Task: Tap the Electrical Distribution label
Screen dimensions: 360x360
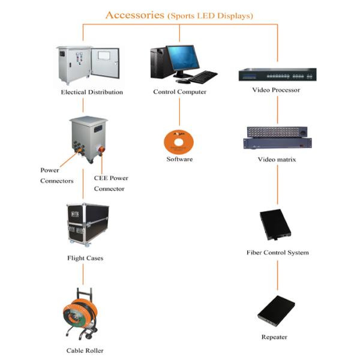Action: click(x=92, y=92)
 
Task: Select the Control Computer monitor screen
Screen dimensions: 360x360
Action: click(x=183, y=57)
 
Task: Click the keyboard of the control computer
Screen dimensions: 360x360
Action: click(x=204, y=77)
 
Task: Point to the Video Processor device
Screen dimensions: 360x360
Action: click(x=277, y=75)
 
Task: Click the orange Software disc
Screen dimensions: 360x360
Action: click(x=179, y=142)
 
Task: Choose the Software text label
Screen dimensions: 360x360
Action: click(x=179, y=160)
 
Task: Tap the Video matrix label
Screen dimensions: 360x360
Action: click(x=277, y=160)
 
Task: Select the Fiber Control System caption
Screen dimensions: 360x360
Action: click(x=277, y=253)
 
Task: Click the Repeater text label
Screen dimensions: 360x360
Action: click(x=274, y=337)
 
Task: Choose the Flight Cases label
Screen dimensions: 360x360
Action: click(x=85, y=259)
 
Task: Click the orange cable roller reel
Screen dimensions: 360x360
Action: click(x=80, y=313)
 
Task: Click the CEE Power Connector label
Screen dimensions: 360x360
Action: click(x=111, y=184)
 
